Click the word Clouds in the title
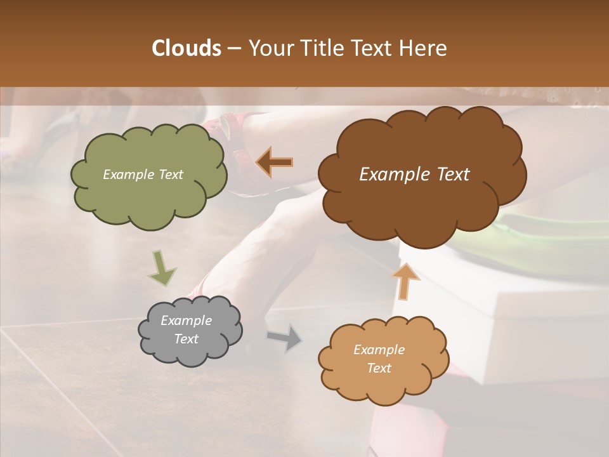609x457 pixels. coord(186,48)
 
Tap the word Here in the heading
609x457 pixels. coord(422,48)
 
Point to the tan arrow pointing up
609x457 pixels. coord(405,281)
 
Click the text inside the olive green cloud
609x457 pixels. coord(143,175)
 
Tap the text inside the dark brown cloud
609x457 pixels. coord(414,175)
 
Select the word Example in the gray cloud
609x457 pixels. coord(186,321)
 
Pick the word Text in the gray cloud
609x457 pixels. coord(186,339)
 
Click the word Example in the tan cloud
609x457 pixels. coord(379,350)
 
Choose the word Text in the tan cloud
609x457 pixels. coord(379,368)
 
